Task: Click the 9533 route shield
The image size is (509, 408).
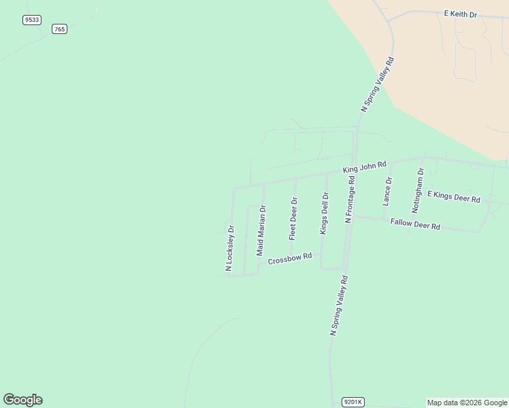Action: (x=31, y=20)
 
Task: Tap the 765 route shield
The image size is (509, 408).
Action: (x=59, y=29)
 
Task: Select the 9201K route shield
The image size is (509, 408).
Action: (x=353, y=402)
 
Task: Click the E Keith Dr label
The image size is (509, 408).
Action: (x=461, y=14)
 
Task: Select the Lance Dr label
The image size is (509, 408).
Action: (x=387, y=191)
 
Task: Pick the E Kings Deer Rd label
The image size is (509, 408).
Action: (x=454, y=197)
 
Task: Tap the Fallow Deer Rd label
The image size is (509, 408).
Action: (x=415, y=224)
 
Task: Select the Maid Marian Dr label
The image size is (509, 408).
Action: (x=261, y=230)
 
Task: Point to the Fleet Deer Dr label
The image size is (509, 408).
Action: (x=293, y=218)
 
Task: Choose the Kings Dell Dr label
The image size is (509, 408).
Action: (x=325, y=214)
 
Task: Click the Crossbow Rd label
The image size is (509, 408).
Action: (x=290, y=259)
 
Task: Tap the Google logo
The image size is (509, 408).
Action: (x=23, y=400)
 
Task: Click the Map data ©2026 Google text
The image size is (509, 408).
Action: (x=467, y=403)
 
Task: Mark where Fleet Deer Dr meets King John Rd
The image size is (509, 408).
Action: (x=296, y=177)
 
